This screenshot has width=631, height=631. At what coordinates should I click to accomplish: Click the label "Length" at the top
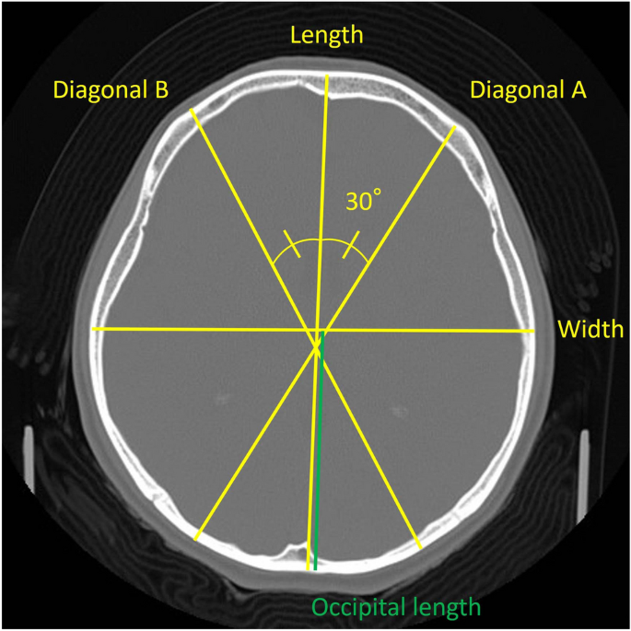coord(327,35)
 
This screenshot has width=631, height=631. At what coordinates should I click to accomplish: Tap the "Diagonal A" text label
coord(528,90)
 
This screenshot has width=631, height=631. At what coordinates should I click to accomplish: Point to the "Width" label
coord(590,329)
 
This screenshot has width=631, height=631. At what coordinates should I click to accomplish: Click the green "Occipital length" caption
coord(396,607)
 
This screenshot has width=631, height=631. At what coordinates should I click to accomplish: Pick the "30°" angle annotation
coord(363,202)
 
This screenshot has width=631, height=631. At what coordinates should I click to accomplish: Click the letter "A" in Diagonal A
coord(577,90)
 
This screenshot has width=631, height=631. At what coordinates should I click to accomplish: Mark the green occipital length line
coord(317,461)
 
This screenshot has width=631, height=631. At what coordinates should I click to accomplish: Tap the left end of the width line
coord(92,328)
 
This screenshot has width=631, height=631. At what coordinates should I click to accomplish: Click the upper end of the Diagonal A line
coord(454,128)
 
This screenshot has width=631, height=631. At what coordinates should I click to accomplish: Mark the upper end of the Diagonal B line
coord(191,111)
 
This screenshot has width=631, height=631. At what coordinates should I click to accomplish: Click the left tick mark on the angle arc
coord(292,245)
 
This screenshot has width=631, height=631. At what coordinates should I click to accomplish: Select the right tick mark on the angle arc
coord(351,248)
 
